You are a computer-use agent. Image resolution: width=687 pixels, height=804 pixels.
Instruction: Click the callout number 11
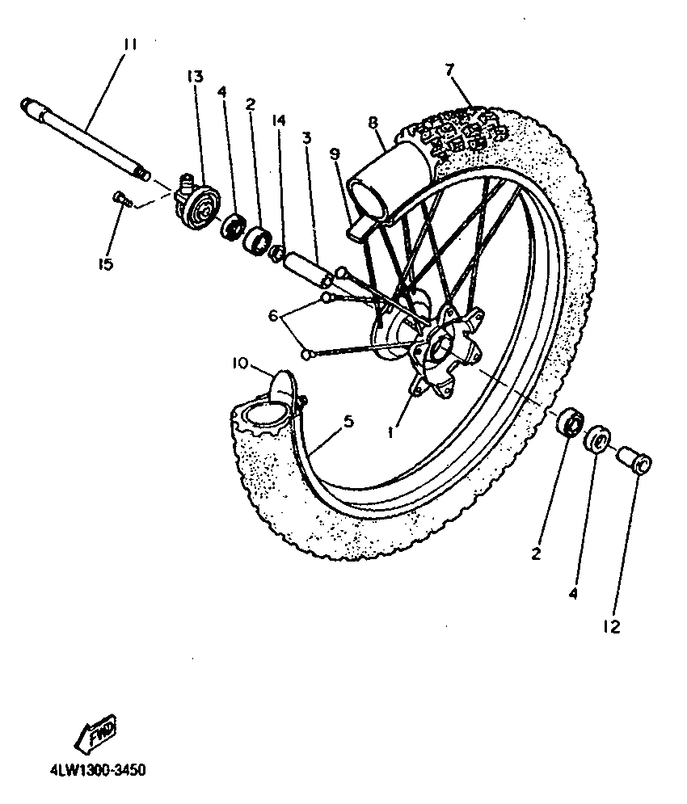point(129,45)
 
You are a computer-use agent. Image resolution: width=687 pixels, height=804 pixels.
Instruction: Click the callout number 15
point(104,263)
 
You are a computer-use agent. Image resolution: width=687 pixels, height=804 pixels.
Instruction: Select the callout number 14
point(278,120)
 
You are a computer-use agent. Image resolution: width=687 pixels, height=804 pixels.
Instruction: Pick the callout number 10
point(241,364)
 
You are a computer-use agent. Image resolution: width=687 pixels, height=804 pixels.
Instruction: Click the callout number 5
point(348,421)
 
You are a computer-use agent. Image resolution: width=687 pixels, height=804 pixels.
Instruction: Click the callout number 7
point(449,68)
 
